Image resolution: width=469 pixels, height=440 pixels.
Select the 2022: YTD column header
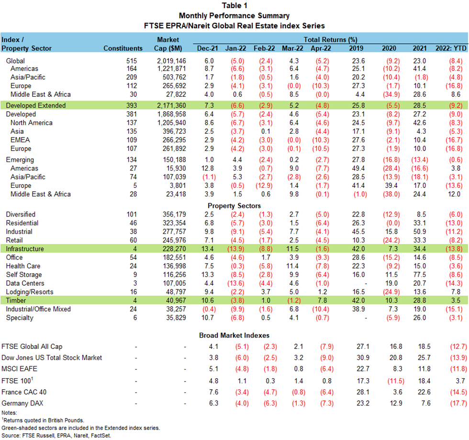[x=450, y=48]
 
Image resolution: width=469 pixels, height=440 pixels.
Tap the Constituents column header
[x=123, y=48]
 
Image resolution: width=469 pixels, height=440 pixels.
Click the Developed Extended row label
[x=35, y=105]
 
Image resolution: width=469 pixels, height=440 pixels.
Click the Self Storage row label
[x=24, y=275]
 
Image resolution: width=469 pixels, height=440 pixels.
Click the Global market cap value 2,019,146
[x=171, y=61]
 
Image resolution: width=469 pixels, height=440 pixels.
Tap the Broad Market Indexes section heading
[x=234, y=335]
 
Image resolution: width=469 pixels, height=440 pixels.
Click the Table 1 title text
[x=234, y=6]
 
